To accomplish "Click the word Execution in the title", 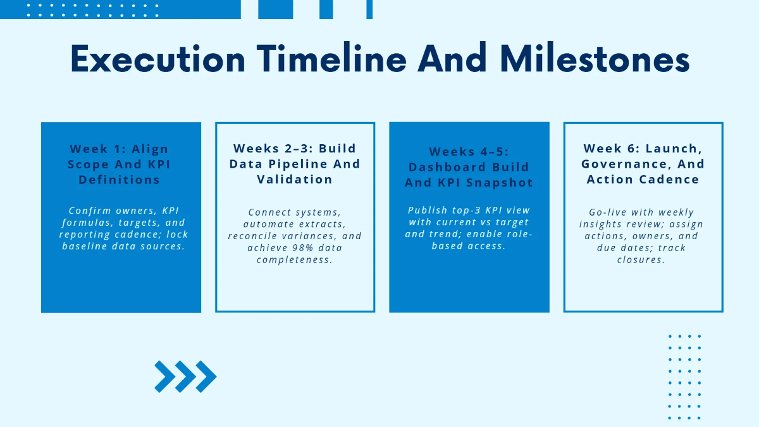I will pyautogui.click(x=157, y=60).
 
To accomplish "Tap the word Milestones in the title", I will pyautogui.click(x=594, y=60).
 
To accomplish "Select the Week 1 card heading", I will pyautogui.click(x=120, y=164).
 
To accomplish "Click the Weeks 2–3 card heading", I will pyautogui.click(x=295, y=164).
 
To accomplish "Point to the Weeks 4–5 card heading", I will pyautogui.click(x=469, y=167).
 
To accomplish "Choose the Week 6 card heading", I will pyautogui.click(x=643, y=164).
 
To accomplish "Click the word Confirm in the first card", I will pyautogui.click(x=90, y=211).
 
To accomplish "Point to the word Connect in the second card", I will pyautogui.click(x=269, y=212).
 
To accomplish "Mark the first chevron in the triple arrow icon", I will pyautogui.click(x=165, y=376).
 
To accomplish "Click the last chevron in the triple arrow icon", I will pyautogui.click(x=206, y=376).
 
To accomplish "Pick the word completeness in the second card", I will pyautogui.click(x=295, y=260).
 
